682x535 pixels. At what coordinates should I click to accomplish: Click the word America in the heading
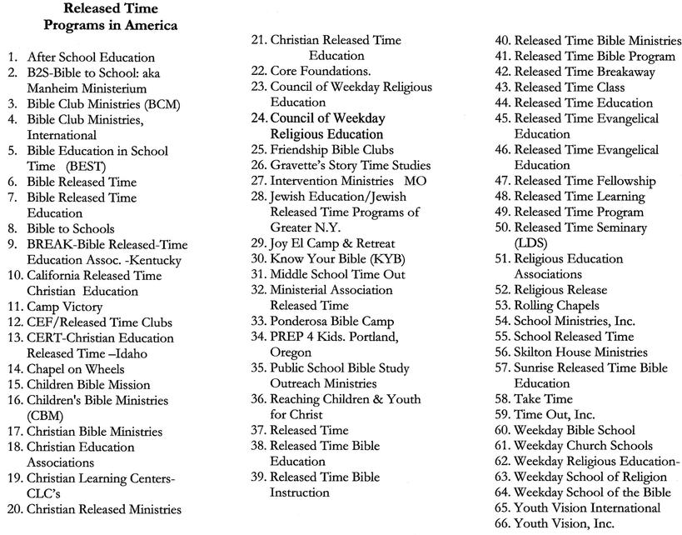pos(151,25)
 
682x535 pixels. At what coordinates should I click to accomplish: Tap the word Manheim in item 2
pos(53,88)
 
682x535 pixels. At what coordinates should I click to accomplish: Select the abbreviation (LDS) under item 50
pos(530,242)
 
